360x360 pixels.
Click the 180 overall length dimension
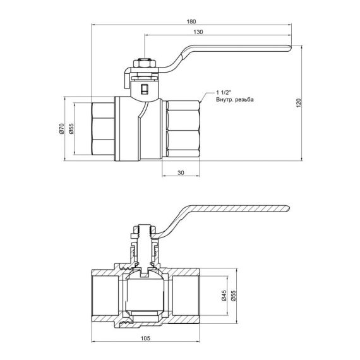pos(191,22)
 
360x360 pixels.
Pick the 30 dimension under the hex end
pos(181,172)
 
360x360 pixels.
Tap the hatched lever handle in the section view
pos(240,210)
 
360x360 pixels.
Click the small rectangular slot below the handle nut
pos(145,90)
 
